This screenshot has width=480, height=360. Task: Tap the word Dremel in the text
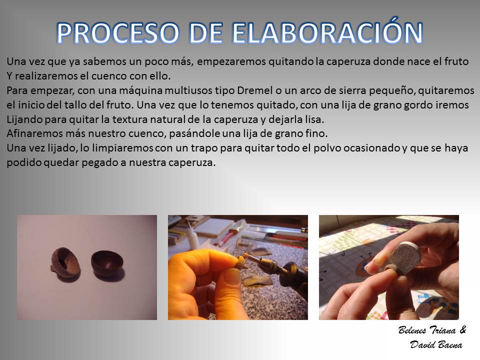[x=254, y=90]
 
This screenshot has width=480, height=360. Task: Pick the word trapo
[x=204, y=148]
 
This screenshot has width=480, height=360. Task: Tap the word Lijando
[x=24, y=119]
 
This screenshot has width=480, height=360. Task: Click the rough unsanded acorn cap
[x=64, y=264]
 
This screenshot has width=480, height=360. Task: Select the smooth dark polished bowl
[x=107, y=264]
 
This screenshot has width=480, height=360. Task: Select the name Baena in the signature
[x=449, y=345]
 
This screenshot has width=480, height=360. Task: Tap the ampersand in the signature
[x=463, y=329]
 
